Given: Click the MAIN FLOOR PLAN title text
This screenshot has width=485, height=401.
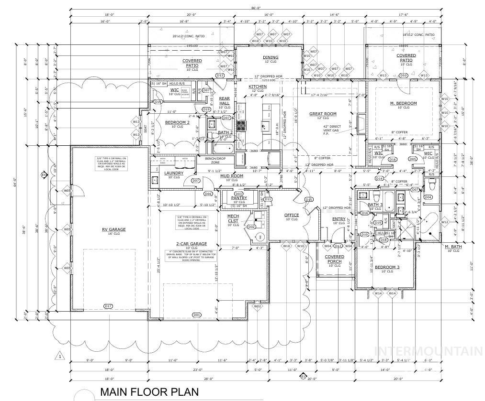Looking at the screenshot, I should point(149,392).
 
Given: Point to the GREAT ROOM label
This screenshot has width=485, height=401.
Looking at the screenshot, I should point(323,114).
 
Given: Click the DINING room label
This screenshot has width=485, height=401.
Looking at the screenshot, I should point(271,57).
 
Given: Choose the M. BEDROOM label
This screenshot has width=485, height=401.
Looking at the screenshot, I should point(403,103).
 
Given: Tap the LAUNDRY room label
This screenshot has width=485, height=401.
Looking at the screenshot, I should point(171,173).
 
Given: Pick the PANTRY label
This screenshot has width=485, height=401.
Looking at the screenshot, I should point(238,198).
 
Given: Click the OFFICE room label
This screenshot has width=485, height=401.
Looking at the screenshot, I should point(292,215).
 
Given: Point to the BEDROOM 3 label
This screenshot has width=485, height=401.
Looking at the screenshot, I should point(387,268).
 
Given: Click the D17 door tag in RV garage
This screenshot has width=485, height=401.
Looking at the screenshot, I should point(108,306).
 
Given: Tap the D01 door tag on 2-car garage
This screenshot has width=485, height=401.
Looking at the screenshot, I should point(196,314).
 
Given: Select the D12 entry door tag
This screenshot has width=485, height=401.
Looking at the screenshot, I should point(338,246).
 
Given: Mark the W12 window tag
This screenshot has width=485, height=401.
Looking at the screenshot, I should point(444,222).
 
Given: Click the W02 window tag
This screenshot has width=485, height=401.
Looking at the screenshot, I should point(258,319).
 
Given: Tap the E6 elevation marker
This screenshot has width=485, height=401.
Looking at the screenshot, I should point(44,175).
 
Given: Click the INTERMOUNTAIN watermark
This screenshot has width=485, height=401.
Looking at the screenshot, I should point(428,351).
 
